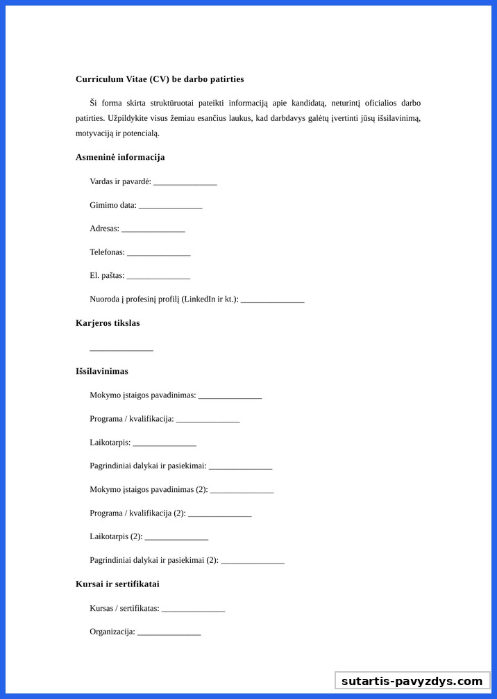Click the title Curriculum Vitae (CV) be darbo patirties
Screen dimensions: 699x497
[160, 79]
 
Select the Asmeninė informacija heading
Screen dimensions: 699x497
[120, 157]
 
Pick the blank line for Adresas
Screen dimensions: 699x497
[153, 230]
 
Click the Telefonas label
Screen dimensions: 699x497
[107, 252]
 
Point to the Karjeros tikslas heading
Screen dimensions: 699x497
[108, 323]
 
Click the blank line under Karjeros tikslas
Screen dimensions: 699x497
[121, 349]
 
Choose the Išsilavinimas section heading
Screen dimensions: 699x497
[102, 371]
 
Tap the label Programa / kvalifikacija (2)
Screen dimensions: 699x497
[137, 513]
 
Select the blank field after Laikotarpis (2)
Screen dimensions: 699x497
[176, 538]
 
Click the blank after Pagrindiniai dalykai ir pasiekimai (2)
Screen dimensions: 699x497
[252, 562]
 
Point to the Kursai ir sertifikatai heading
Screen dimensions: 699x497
[117, 584]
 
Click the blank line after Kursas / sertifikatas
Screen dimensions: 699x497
[193, 610]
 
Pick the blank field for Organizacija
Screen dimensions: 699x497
[169, 634]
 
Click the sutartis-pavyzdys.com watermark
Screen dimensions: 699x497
[412, 681]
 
